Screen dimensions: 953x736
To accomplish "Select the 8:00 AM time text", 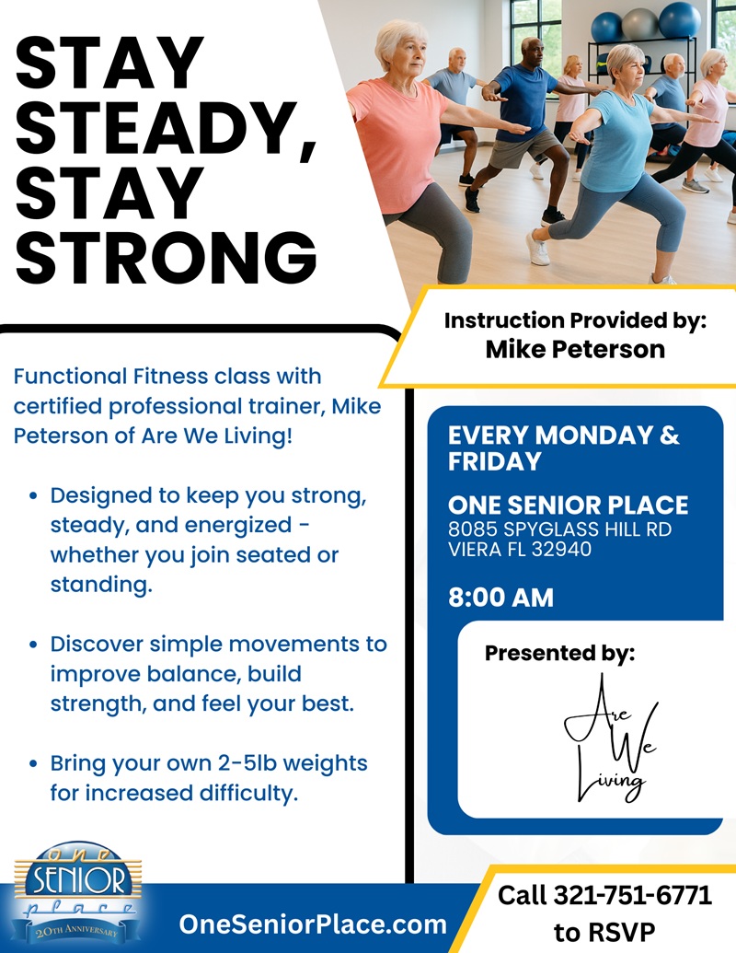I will [x=501, y=598].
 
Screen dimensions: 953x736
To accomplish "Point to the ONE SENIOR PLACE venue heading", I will [x=568, y=506].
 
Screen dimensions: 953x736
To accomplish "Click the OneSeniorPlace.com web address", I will [x=313, y=924].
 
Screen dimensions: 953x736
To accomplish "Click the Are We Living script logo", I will [x=608, y=738].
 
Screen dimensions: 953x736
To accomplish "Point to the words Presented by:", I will [x=559, y=653].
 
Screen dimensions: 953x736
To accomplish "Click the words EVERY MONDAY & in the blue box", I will [x=563, y=436].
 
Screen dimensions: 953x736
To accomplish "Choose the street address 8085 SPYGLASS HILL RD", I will [x=559, y=529].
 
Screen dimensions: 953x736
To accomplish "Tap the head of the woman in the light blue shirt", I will [x=625, y=63].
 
